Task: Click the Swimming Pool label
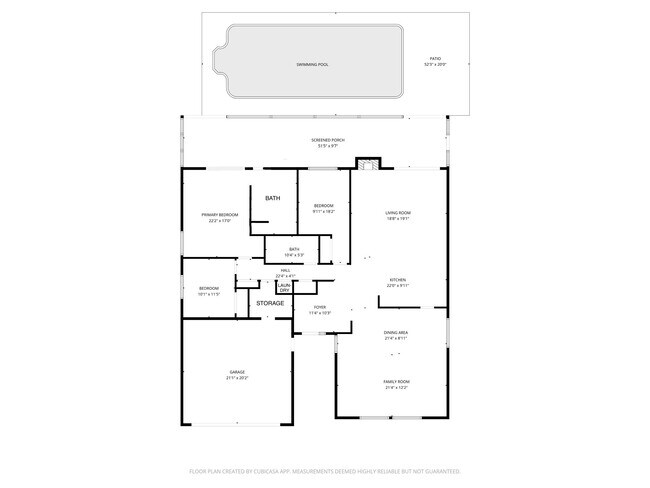312,64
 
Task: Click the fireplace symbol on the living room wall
368,163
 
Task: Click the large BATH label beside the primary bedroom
273,199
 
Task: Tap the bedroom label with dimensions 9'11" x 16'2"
323,208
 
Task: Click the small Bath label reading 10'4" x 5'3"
294,251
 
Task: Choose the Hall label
285,273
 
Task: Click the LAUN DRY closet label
284,288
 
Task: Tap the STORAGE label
270,303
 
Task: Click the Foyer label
320,309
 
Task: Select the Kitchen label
397,282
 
